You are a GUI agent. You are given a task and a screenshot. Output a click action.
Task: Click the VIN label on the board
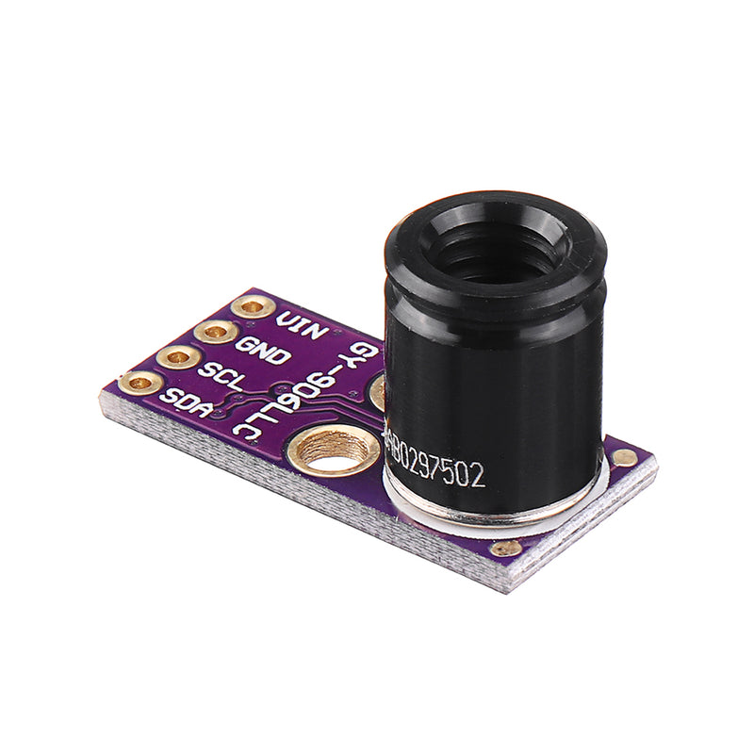(x=301, y=325)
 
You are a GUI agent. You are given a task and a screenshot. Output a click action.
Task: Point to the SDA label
(x=182, y=398)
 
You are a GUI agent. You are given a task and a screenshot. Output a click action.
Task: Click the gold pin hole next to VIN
(x=253, y=307)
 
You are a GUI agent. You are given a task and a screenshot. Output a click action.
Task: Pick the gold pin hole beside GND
(x=216, y=332)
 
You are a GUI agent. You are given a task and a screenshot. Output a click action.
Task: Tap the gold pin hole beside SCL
(x=177, y=357)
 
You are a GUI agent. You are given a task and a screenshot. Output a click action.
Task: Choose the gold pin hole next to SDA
(x=139, y=382)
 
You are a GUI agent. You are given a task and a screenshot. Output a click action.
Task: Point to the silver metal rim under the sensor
(x=490, y=515)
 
